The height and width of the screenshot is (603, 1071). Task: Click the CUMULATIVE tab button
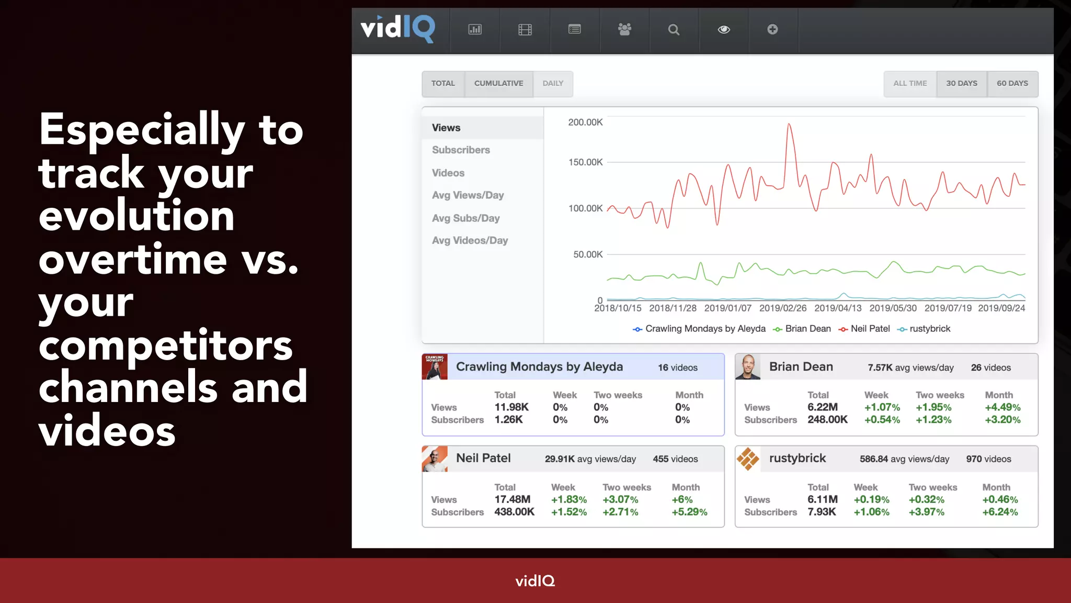(498, 84)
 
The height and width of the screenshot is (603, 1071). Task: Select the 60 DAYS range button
(1012, 84)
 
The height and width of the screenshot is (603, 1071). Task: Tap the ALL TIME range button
(910, 84)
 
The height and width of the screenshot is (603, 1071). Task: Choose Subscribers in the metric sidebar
(461, 150)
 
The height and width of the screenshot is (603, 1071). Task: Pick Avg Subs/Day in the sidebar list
(465, 218)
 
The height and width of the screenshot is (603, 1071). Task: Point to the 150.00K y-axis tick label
(585, 162)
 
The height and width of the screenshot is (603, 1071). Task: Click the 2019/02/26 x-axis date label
(783, 308)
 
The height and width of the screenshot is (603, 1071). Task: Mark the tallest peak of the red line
(789, 125)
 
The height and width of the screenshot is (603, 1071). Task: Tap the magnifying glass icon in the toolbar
(674, 30)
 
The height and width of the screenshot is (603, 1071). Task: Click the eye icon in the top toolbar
(724, 30)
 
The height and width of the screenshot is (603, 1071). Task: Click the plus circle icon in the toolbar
(772, 30)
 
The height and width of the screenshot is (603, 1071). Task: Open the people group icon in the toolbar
(624, 30)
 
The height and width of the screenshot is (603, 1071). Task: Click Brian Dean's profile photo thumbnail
(748, 367)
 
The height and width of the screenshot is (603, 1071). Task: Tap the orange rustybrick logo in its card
(748, 459)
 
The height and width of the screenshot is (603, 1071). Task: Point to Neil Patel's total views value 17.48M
(512, 499)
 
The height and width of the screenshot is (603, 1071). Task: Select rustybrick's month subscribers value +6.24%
(1000, 512)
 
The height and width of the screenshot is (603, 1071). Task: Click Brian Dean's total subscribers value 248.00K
(827, 420)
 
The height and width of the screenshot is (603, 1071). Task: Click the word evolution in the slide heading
(136, 216)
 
